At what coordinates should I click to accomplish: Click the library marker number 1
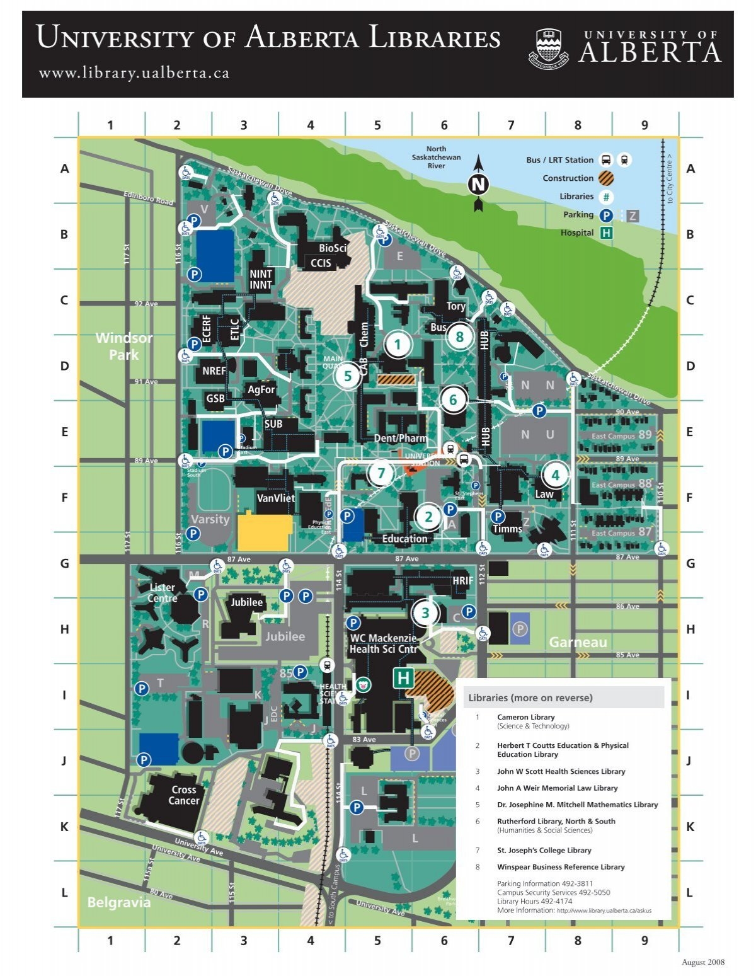(x=398, y=345)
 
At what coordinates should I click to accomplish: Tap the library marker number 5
(x=347, y=377)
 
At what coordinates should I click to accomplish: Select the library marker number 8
(x=459, y=337)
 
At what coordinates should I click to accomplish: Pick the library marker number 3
(x=425, y=613)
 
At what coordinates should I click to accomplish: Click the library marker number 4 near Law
(x=555, y=475)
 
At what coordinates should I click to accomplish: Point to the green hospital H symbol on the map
(x=403, y=679)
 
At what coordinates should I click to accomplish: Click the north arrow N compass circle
(x=478, y=185)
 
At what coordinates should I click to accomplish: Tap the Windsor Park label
(x=124, y=346)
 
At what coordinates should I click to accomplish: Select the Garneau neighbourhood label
(x=578, y=642)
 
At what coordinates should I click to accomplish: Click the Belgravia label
(x=119, y=902)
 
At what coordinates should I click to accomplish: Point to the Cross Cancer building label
(x=184, y=795)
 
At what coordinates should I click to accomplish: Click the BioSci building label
(x=332, y=248)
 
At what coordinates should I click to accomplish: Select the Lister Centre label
(x=162, y=592)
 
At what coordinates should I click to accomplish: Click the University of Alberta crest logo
(x=551, y=48)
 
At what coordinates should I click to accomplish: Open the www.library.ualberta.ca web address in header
(x=134, y=73)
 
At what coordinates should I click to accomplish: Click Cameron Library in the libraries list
(x=525, y=717)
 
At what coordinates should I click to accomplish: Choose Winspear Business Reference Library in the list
(x=561, y=867)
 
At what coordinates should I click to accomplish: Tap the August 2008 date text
(x=703, y=962)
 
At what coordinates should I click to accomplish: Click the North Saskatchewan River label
(x=436, y=158)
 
